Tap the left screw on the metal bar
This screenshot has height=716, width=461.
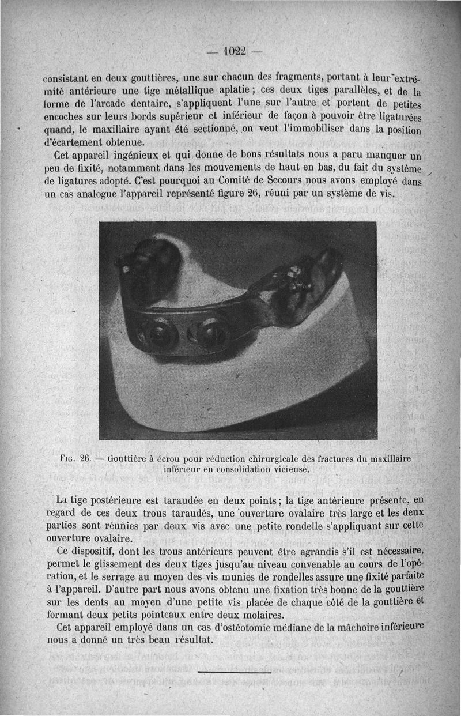pos(160,335)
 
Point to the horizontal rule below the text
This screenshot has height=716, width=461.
pos(233,672)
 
